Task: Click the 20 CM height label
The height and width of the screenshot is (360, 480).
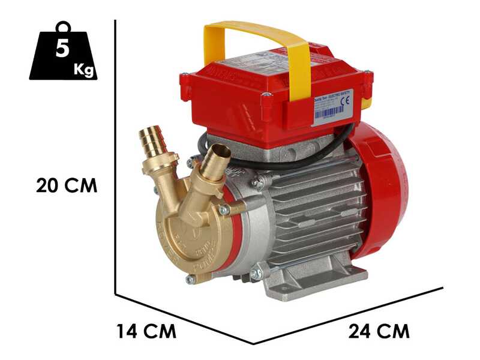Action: [x=66, y=185]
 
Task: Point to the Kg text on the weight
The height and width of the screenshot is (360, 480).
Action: [x=83, y=70]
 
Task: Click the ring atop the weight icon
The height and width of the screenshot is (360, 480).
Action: [x=62, y=27]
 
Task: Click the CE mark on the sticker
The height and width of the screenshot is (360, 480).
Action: [x=344, y=101]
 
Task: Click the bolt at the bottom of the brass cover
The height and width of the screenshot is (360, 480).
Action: [x=191, y=279]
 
